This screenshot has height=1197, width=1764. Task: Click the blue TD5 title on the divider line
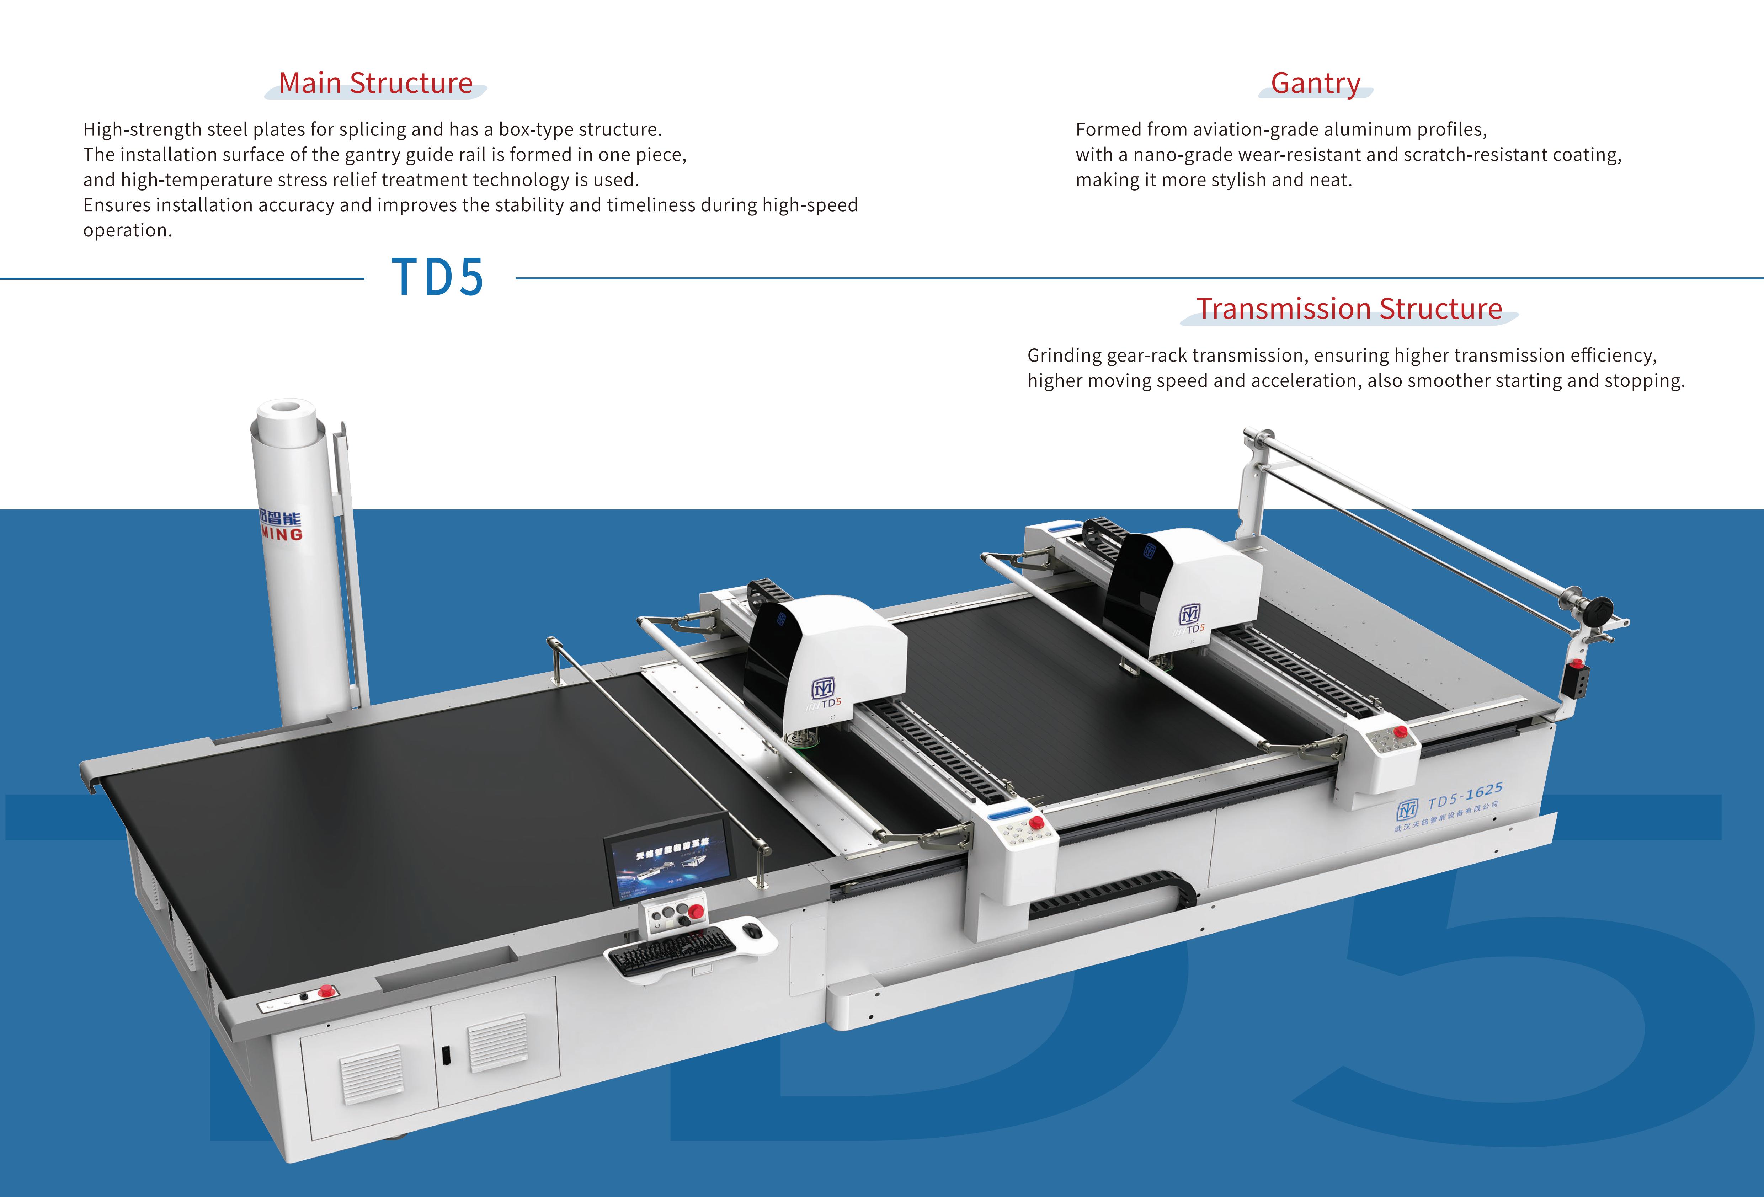[438, 277]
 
